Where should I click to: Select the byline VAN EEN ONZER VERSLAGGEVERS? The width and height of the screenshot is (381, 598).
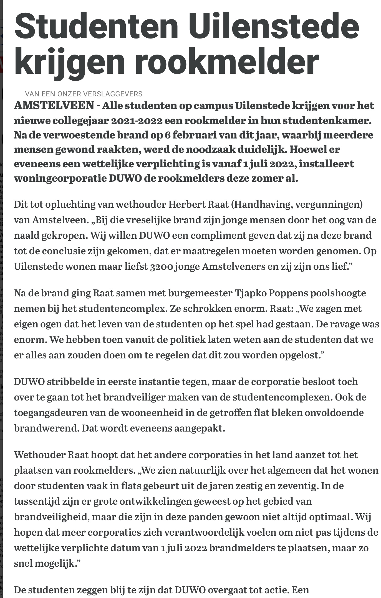coord(84,94)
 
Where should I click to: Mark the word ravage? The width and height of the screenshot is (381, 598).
coord(342,324)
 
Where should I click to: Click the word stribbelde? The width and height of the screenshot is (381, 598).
coord(70,382)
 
